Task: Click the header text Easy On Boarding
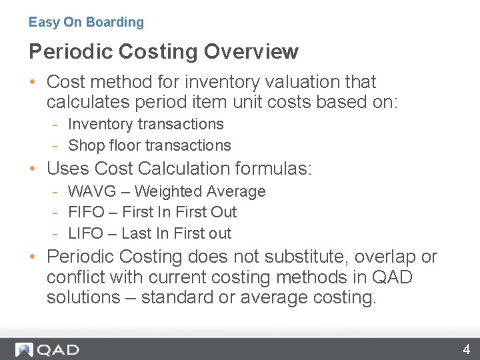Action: click(x=86, y=22)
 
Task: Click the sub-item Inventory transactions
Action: click(x=146, y=124)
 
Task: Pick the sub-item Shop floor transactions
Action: click(x=149, y=145)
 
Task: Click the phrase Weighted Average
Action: click(x=200, y=191)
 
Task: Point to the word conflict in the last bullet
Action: click(x=73, y=277)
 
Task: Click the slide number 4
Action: click(x=467, y=349)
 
